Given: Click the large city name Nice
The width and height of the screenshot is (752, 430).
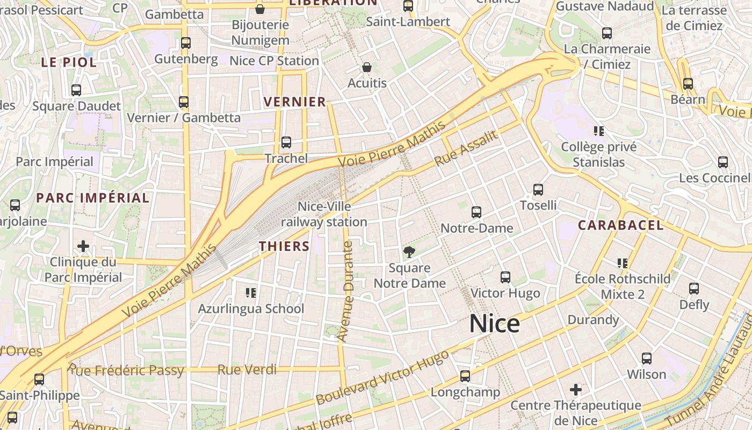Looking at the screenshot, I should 494,324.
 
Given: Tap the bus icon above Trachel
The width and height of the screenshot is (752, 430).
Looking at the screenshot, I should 286,142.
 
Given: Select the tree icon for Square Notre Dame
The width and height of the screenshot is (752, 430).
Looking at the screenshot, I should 409,252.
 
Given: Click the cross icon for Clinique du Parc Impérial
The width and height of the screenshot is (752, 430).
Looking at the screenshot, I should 83,247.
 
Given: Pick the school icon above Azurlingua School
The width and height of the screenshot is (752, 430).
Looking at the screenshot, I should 251,293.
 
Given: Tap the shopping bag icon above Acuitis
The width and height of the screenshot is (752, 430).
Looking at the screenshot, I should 367,67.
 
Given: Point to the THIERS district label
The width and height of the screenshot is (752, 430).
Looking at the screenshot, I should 284,246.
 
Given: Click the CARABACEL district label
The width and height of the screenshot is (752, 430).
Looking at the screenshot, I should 620,225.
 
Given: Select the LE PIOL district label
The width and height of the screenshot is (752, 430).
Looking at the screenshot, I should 69,62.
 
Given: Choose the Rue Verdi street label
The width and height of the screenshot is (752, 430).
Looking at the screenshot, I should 247,370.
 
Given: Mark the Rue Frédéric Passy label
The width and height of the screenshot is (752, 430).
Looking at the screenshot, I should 126,370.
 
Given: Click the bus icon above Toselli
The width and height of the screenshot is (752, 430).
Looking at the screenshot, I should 538,190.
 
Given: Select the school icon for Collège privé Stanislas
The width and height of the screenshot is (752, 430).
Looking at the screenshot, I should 599,131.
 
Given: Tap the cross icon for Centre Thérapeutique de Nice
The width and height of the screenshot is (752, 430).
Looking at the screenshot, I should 576,389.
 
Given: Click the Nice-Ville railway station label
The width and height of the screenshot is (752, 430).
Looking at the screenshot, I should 324,214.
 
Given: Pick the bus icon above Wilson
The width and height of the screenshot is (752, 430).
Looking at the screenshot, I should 647,359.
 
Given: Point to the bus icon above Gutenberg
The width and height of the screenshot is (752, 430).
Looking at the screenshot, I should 186,43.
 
